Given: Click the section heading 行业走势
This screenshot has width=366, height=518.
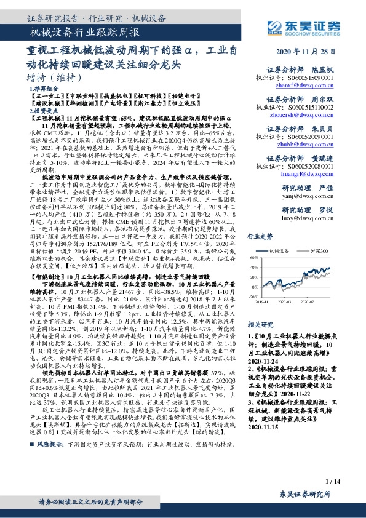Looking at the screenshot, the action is point(260,236).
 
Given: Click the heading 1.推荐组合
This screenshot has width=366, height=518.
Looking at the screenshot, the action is point(43,89).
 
